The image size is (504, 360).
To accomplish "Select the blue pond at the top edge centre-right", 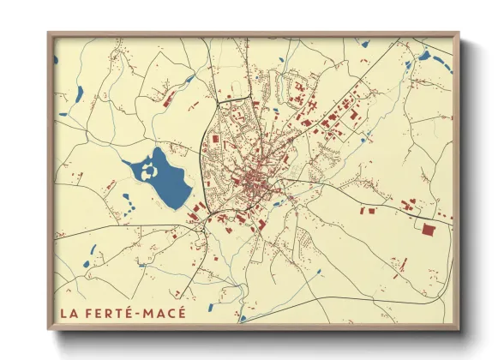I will coord(364,43).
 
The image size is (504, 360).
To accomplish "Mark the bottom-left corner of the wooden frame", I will coord(50,327).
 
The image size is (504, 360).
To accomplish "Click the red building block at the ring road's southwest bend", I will coord(196,210).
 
